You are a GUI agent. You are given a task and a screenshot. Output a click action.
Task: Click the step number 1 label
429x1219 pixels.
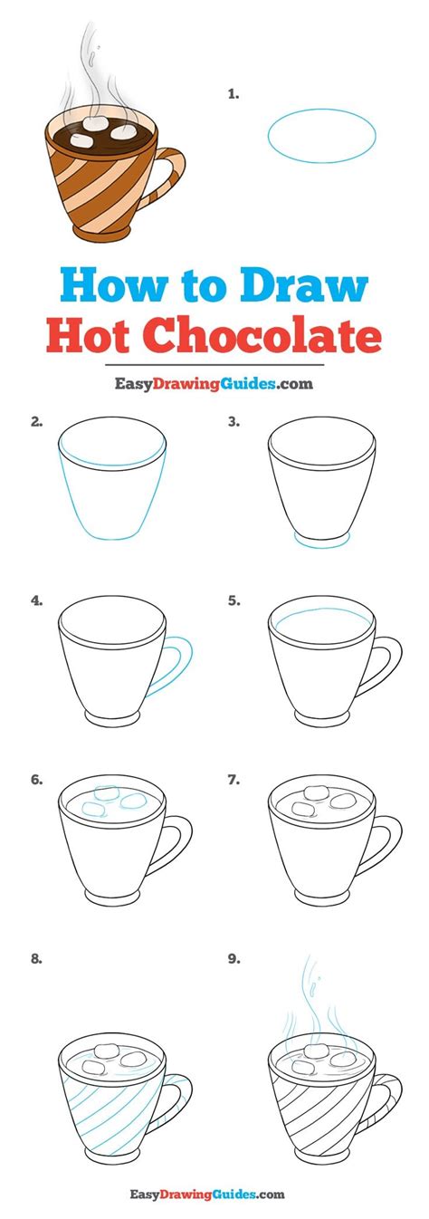click(x=233, y=93)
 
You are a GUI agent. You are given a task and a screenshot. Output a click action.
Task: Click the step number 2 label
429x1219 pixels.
click(x=37, y=421)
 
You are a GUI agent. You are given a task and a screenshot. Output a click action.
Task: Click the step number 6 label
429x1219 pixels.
click(x=37, y=778)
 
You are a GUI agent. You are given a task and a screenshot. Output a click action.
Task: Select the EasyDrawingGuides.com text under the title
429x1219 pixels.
click(x=214, y=383)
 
